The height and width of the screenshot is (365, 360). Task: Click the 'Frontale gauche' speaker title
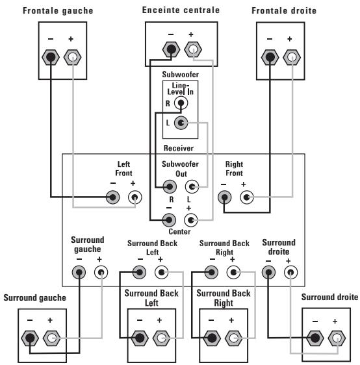click(x=58, y=10)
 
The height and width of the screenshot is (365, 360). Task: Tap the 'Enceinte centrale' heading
click(x=181, y=10)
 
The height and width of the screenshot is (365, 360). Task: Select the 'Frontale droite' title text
click(x=284, y=10)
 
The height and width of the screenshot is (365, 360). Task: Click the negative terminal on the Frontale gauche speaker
click(x=51, y=57)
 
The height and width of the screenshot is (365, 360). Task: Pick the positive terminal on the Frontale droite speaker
click(x=292, y=57)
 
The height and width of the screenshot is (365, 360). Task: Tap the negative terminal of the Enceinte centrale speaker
click(x=171, y=49)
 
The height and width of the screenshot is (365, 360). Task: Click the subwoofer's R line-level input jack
click(x=181, y=103)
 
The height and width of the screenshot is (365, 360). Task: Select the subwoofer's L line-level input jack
click(x=181, y=123)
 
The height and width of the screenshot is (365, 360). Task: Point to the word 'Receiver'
click(x=179, y=148)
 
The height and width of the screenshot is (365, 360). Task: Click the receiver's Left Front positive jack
click(x=135, y=197)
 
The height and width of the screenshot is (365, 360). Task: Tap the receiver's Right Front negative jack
click(x=224, y=197)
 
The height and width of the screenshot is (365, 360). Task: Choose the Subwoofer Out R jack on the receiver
click(x=170, y=186)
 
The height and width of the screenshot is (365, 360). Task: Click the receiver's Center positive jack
click(x=191, y=220)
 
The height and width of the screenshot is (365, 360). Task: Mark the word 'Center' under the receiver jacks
click(x=179, y=232)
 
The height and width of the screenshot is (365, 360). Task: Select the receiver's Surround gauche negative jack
click(x=79, y=272)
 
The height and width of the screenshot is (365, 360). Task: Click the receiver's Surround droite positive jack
click(x=290, y=272)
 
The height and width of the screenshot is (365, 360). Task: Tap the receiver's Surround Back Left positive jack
click(x=162, y=272)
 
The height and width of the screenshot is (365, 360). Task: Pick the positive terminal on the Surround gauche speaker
click(x=52, y=338)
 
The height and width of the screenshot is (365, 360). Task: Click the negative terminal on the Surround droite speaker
click(x=315, y=338)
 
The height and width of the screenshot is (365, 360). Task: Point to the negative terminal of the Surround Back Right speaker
click(x=212, y=338)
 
